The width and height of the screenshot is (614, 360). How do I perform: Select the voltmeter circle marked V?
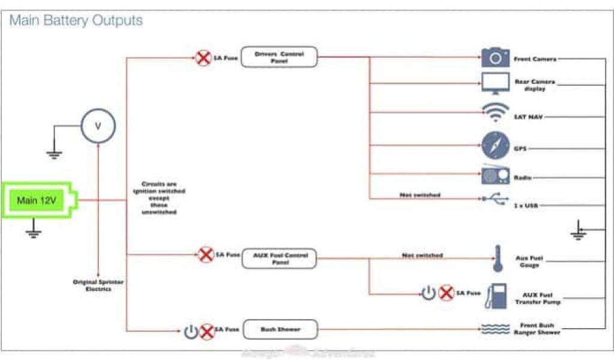coord(98,126)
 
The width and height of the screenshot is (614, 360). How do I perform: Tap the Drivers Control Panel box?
coord(279,57)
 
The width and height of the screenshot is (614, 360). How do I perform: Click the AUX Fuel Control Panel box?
coord(279,259)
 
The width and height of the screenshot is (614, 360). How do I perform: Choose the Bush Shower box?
coord(279,329)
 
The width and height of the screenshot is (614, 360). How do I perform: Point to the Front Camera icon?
coord(495,58)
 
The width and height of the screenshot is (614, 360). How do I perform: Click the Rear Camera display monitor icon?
coord(495,84)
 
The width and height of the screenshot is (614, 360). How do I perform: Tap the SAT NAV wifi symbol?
coord(495,114)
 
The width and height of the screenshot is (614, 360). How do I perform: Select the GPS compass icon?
coord(495,146)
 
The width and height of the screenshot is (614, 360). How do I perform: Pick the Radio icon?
coord(495,175)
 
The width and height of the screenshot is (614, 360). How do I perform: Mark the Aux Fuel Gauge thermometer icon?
coord(497,258)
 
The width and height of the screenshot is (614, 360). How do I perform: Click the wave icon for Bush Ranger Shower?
coord(495,328)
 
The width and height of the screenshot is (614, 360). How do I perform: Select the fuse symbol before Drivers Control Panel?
coord(203,58)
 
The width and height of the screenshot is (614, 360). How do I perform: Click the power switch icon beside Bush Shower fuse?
coord(191,331)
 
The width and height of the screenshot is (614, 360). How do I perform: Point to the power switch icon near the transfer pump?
coord(428,293)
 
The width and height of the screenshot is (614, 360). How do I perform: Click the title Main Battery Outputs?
coord(76,20)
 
